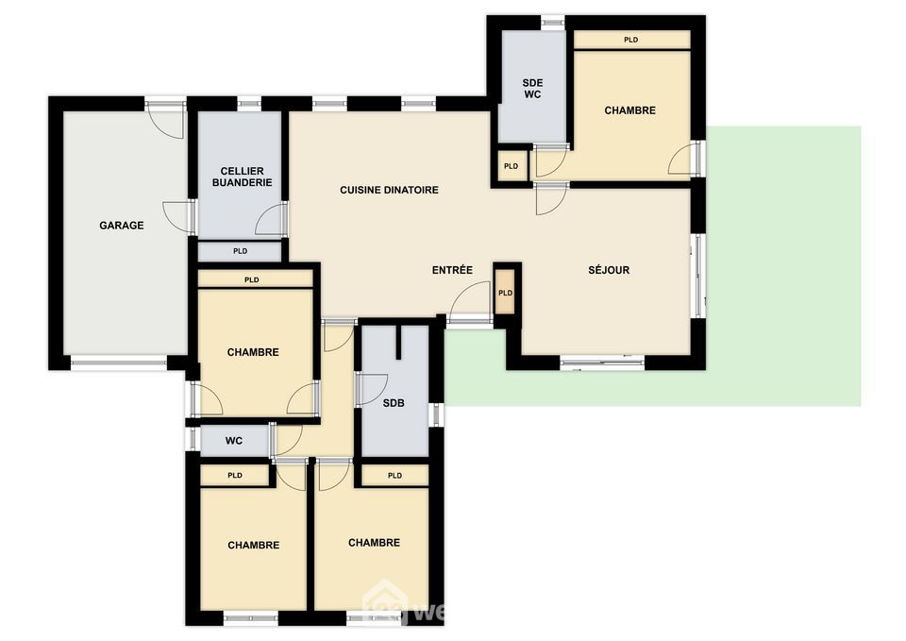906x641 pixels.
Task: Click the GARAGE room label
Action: (x=122, y=226)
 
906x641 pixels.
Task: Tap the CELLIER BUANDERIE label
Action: (x=243, y=177)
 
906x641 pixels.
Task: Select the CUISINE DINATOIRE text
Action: (x=389, y=190)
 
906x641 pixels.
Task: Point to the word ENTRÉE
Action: (x=452, y=270)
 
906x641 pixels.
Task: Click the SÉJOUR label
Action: (x=609, y=270)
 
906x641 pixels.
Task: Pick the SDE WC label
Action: (x=532, y=89)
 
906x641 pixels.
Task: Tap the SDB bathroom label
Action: (x=394, y=403)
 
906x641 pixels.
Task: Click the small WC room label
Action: (x=234, y=441)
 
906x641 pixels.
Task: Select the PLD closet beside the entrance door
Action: (x=505, y=293)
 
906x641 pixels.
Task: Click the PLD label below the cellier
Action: (x=241, y=251)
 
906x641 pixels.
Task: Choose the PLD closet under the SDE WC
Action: (x=512, y=166)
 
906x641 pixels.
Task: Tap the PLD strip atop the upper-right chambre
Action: (x=631, y=40)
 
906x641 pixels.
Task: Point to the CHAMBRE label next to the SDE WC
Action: (x=629, y=110)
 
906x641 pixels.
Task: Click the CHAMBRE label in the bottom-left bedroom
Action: (x=254, y=545)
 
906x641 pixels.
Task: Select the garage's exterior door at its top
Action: (x=165, y=120)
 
